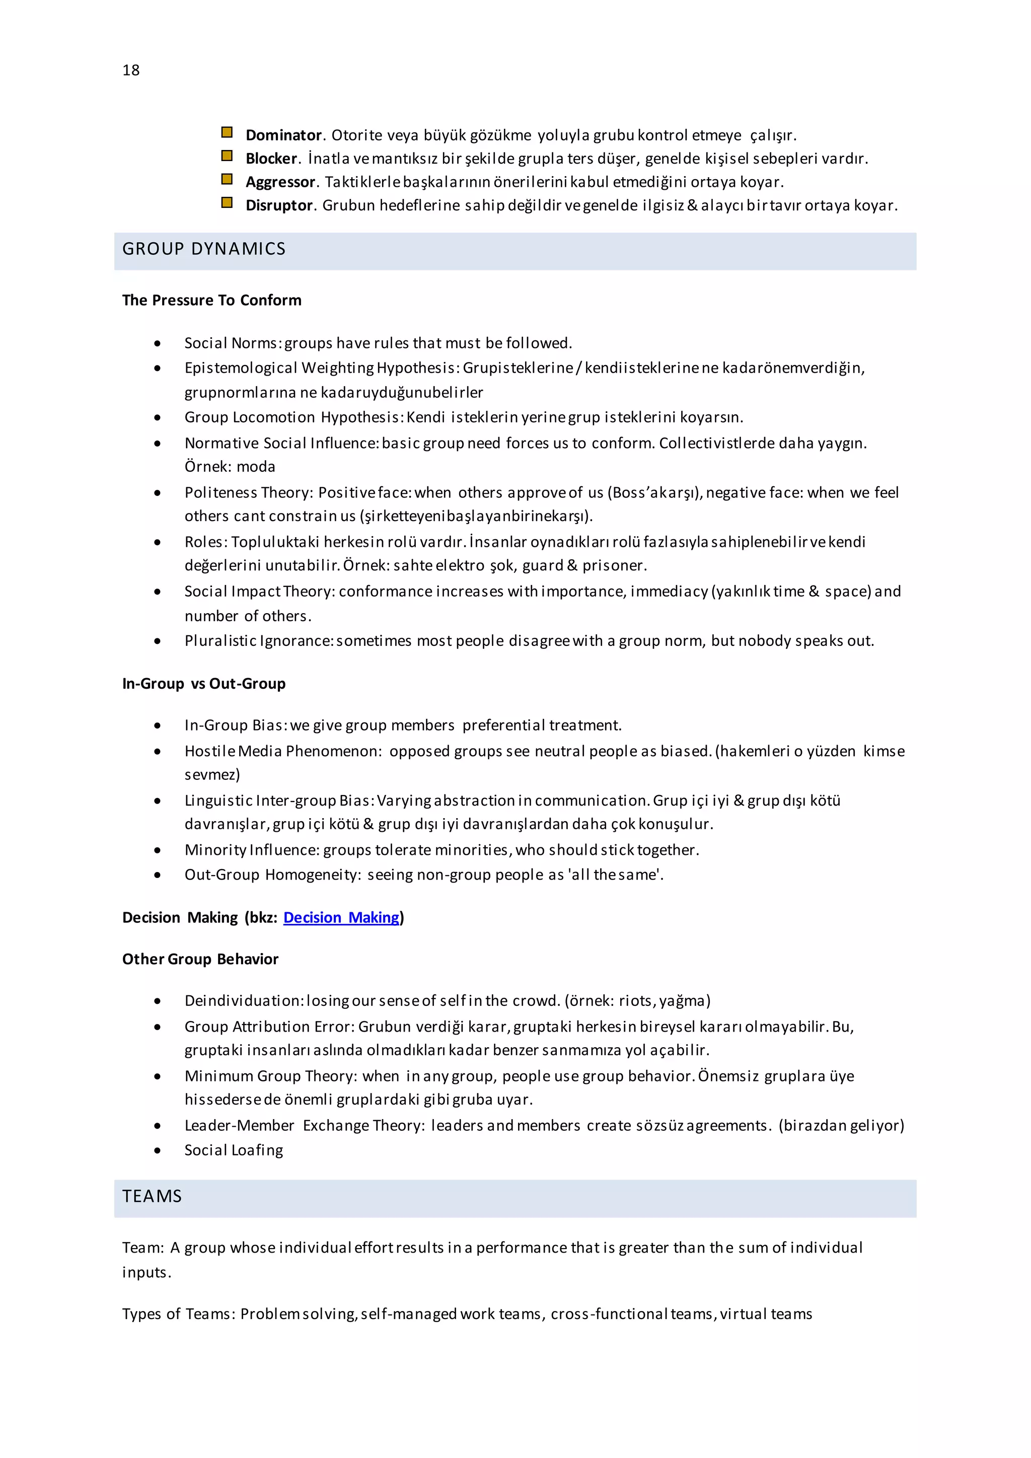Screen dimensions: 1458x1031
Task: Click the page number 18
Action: click(131, 70)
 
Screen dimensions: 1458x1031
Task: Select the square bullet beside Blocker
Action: click(227, 156)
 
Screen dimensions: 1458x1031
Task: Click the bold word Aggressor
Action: click(280, 182)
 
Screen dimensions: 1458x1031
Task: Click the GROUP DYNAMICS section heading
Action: click(204, 249)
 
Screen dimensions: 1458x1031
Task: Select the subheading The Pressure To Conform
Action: click(211, 301)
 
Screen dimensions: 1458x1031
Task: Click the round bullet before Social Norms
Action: click(158, 343)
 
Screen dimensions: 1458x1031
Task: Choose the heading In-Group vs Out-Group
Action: click(204, 684)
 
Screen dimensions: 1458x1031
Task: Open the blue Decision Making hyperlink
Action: click(341, 918)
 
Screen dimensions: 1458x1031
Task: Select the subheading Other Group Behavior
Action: click(200, 960)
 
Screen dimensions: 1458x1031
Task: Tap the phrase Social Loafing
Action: click(234, 1151)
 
